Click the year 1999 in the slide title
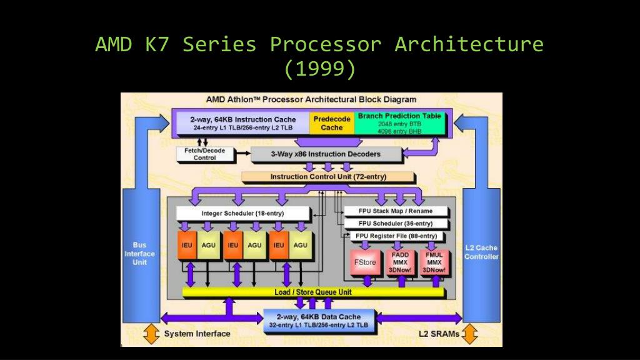point(319,68)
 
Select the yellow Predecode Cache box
point(332,123)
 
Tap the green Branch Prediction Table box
point(400,123)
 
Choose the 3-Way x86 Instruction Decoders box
point(325,154)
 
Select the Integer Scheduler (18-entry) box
point(242,213)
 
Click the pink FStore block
point(365,262)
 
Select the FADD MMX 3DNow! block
point(400,262)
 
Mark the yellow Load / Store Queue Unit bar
point(313,292)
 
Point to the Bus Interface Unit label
point(139,254)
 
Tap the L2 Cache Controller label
point(481,252)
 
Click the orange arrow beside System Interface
point(151,334)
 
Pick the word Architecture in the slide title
point(469,45)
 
